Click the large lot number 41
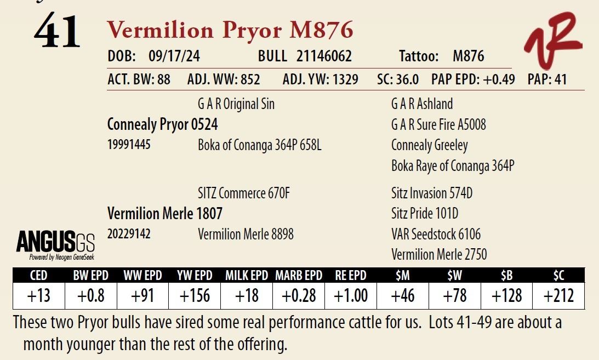[x=57, y=32]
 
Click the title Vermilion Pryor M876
[x=230, y=30]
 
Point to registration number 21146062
[x=324, y=56]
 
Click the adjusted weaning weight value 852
[x=250, y=79]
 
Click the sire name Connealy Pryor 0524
[x=163, y=125]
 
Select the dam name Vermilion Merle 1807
[x=165, y=213]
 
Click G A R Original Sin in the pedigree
[x=236, y=104]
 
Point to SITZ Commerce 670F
[x=243, y=193]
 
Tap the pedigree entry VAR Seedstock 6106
[x=436, y=235]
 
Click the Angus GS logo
[x=55, y=244]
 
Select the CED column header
[x=38, y=276]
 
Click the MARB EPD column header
[x=299, y=276]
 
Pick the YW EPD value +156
[x=195, y=296]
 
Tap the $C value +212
[x=558, y=296]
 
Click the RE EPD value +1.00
[x=351, y=296]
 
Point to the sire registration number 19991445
[x=129, y=145]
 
